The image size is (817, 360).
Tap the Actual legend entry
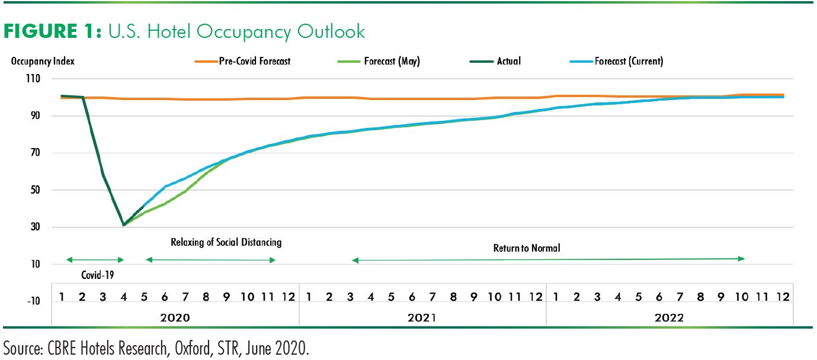point(508,61)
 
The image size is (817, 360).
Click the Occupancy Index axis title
point(43,61)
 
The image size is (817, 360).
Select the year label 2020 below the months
point(175,318)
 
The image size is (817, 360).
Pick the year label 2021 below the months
point(422,318)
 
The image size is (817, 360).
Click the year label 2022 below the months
point(669,318)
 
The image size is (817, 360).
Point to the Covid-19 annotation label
point(97,275)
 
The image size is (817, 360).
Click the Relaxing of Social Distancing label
point(226,242)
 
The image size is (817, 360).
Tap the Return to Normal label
point(526,248)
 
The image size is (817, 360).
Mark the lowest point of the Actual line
point(123,225)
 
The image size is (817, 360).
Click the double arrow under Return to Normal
point(548,259)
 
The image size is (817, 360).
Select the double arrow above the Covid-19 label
point(95,260)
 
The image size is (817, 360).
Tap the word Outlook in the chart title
point(332,31)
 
